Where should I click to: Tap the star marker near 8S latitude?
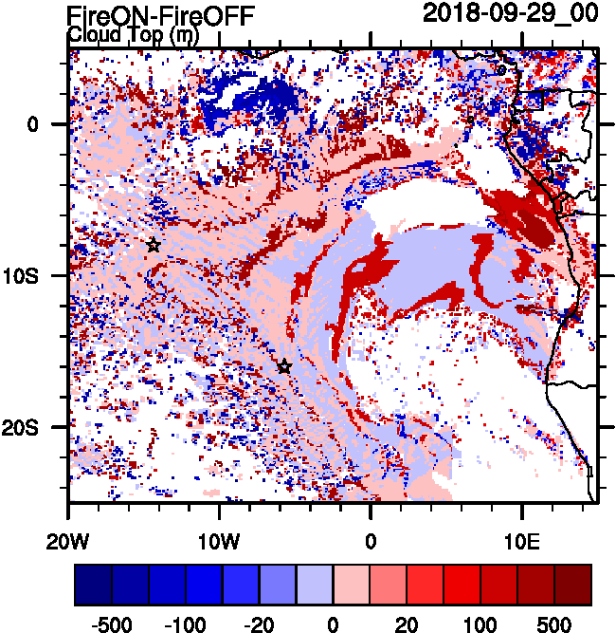point(154,245)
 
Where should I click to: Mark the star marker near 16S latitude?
point(284,366)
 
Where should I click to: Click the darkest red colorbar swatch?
point(572,584)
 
